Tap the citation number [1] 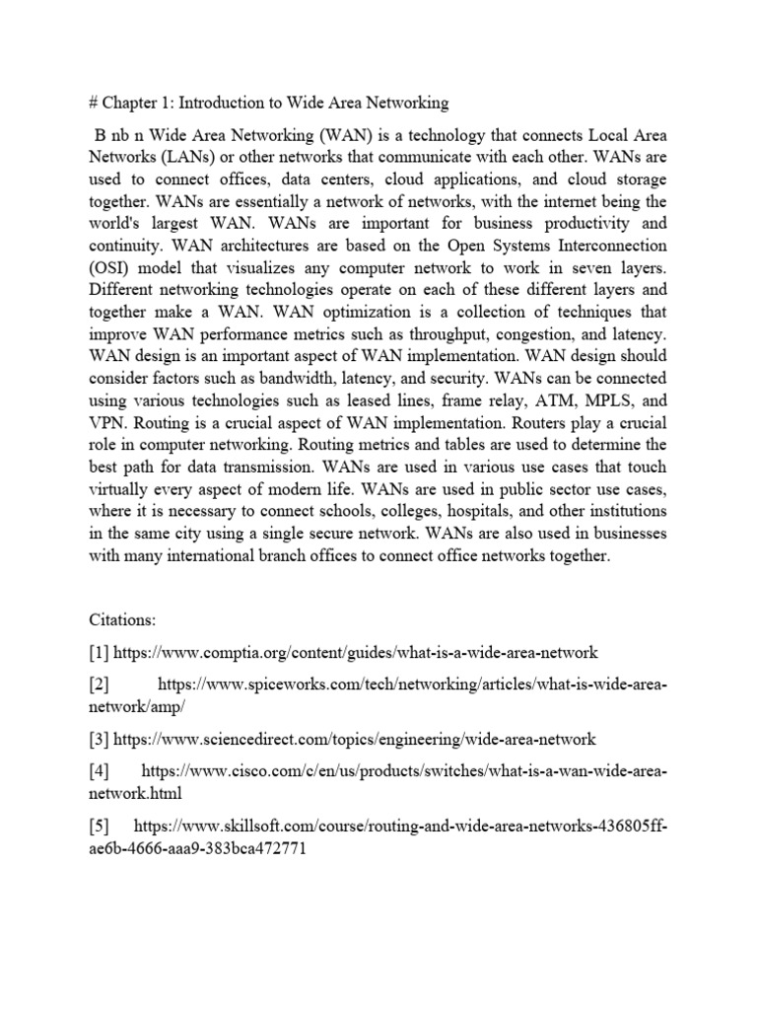[x=100, y=652]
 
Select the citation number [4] [x=100, y=768]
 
